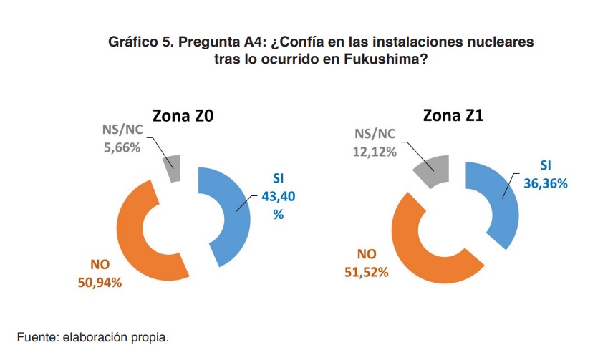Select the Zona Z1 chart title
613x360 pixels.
pos(453,116)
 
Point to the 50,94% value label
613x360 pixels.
pos(100,282)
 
